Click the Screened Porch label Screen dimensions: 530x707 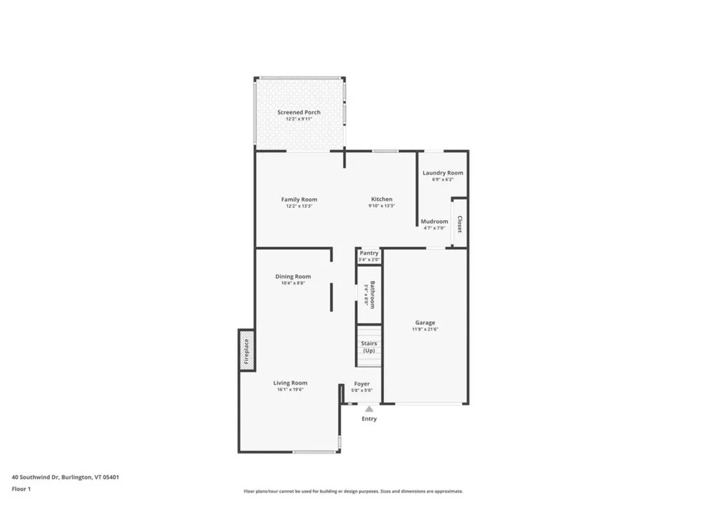click(299, 112)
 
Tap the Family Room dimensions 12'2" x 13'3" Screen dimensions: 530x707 click(299, 206)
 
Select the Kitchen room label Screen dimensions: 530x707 click(382, 199)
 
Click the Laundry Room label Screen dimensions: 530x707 click(443, 173)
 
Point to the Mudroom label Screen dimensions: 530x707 click(434, 222)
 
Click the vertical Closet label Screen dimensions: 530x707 click(459, 224)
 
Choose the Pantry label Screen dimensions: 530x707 click(369, 253)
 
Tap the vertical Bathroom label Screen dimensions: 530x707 click(372, 295)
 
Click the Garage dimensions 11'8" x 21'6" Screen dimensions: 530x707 click(425, 329)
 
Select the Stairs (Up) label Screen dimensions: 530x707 click(369, 346)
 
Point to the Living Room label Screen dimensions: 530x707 click(290, 383)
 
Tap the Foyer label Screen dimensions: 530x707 click(362, 384)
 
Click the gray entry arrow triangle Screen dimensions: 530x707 click(369, 409)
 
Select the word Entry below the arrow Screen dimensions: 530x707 click(369, 419)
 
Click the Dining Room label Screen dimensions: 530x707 click(293, 277)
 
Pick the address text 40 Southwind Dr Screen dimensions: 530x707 click(35, 477)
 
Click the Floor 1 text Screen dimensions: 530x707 click(21, 489)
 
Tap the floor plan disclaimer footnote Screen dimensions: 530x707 click(353, 491)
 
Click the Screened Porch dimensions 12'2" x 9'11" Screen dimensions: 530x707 click(299, 119)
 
